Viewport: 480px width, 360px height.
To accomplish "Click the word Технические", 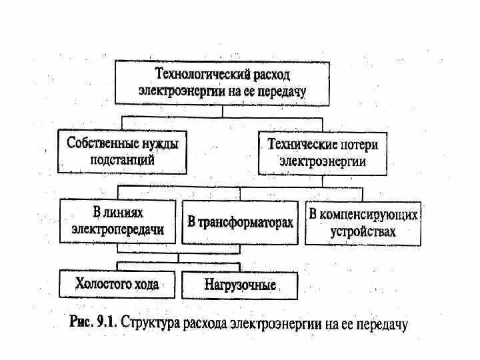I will pyautogui.click(x=299, y=143).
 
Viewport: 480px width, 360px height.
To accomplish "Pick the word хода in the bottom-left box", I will pyautogui.click(x=144, y=284).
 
